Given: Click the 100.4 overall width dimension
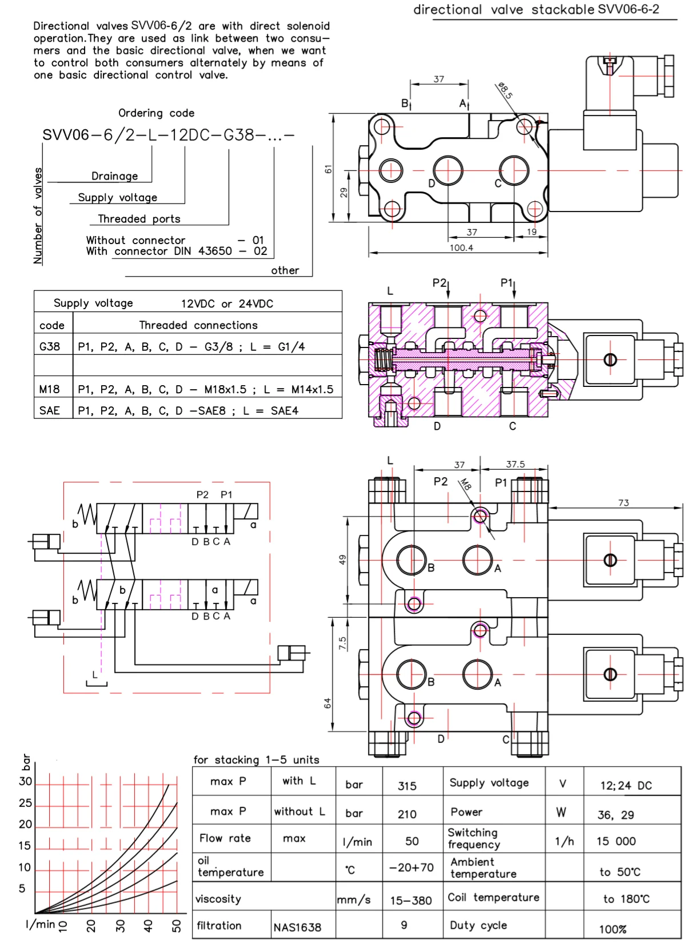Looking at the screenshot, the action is coord(461,247).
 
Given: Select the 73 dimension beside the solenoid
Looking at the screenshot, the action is coord(623,502).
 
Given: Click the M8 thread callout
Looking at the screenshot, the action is coord(466,484).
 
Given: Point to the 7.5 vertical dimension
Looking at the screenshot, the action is coord(342,643).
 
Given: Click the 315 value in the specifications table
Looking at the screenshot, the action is coord(407,786).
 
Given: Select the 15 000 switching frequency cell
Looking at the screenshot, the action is coord(616,841).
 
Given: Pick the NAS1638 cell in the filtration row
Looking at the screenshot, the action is coord(297,927).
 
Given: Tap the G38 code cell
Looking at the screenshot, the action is coord(50,346).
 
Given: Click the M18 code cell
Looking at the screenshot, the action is coord(49,389).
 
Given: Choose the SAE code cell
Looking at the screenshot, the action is coord(49,410).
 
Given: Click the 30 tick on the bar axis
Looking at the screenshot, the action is coord(25,781).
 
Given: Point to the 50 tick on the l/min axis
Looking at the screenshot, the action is coord(176,925).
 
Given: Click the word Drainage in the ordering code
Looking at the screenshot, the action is coord(115,176).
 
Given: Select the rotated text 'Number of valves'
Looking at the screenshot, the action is coord(38,215).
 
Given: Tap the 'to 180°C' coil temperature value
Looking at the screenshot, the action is coord(626,899).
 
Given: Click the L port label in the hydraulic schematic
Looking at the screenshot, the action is coord(95,674).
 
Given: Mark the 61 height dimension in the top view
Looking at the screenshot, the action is coord(328,169).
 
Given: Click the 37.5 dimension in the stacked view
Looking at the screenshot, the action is coord(515,464).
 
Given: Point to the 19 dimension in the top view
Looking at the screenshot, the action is coord(531,231).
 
